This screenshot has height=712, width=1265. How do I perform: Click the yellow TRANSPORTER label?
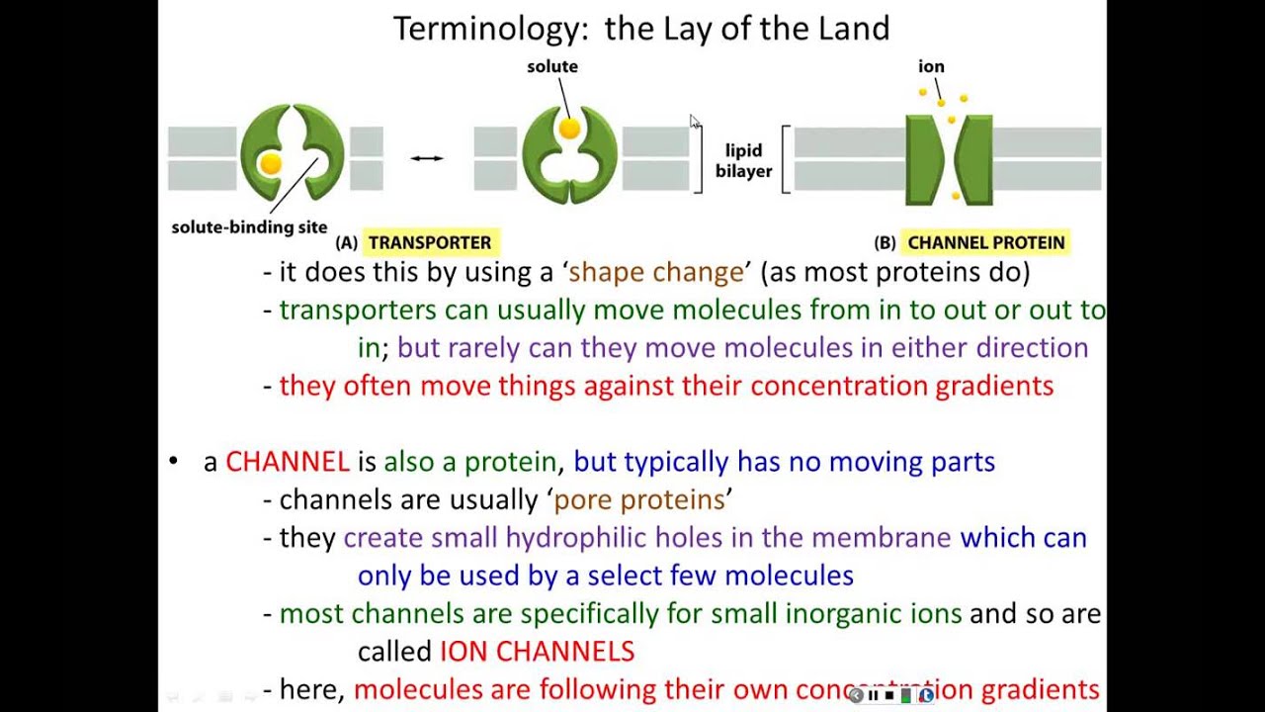[429, 242]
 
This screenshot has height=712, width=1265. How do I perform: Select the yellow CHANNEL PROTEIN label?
[985, 242]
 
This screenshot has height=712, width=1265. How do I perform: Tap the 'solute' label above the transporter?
[552, 66]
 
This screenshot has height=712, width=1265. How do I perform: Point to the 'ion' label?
[931, 66]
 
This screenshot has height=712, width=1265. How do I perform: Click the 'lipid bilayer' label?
[743, 161]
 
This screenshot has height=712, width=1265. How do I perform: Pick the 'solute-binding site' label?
[249, 227]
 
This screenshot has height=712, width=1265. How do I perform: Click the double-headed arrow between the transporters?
[427, 158]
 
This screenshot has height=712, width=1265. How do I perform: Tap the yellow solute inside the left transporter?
[270, 163]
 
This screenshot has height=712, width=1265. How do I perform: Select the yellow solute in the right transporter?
[568, 129]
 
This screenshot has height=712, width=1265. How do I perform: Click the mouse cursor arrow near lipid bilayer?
[695, 121]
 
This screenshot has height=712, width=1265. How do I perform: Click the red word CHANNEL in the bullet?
[287, 462]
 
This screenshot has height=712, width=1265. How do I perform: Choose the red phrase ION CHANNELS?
[537, 652]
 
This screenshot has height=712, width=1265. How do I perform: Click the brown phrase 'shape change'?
[656, 272]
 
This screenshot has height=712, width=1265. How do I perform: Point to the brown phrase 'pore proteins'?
[639, 499]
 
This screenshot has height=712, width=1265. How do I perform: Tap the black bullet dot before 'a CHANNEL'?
[175, 461]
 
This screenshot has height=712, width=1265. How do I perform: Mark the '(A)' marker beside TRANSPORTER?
[346, 243]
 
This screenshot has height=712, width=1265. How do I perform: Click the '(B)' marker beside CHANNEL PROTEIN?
[885, 243]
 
